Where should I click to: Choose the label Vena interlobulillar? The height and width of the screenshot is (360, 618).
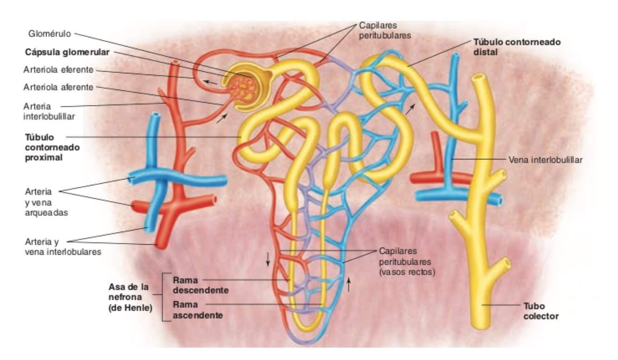click(545, 159)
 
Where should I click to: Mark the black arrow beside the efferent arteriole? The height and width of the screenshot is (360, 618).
click(211, 82)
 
